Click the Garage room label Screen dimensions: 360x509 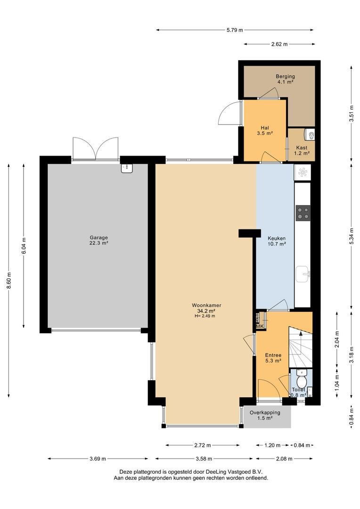(x=98, y=237)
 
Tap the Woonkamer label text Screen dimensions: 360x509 (x=206, y=305)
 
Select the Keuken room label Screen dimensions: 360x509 (x=277, y=238)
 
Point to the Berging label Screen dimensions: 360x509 (x=286, y=76)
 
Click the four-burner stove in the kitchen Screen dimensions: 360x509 (x=303, y=213)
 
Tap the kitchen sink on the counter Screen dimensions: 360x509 (x=303, y=274)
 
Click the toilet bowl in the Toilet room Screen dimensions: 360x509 (x=302, y=379)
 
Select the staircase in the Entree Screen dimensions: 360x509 (x=301, y=347)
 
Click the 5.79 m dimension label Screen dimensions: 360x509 (x=235, y=30)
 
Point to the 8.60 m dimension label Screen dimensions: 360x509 (x=9, y=280)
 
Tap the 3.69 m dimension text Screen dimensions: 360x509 (x=98, y=459)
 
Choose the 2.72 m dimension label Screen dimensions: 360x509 (x=203, y=445)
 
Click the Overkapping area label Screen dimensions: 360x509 (x=265, y=412)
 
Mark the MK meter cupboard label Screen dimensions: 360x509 (x=260, y=326)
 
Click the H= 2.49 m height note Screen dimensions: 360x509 (x=205, y=316)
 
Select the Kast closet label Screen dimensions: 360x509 (x=302, y=148)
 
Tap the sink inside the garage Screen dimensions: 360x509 (x=127, y=168)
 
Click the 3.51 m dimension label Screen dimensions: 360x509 (x=351, y=114)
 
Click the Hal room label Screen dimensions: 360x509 (x=265, y=128)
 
